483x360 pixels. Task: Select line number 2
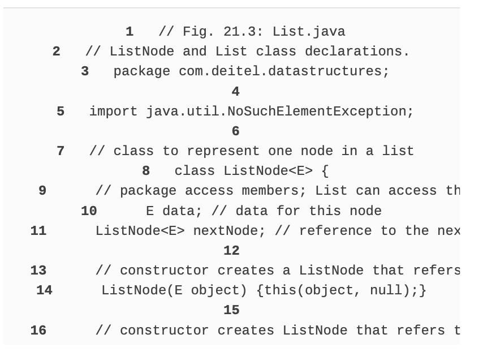coord(56,52)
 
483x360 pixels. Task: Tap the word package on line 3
coord(141,71)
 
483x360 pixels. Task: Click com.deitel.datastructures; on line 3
coord(284,71)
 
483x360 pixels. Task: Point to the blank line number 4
coord(235,91)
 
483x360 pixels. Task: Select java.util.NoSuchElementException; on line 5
coord(280,112)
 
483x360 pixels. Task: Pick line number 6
coord(235,131)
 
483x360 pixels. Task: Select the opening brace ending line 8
coord(325,171)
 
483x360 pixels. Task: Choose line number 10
coord(89,211)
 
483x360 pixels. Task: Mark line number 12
coord(231,251)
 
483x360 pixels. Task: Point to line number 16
coord(38,331)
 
